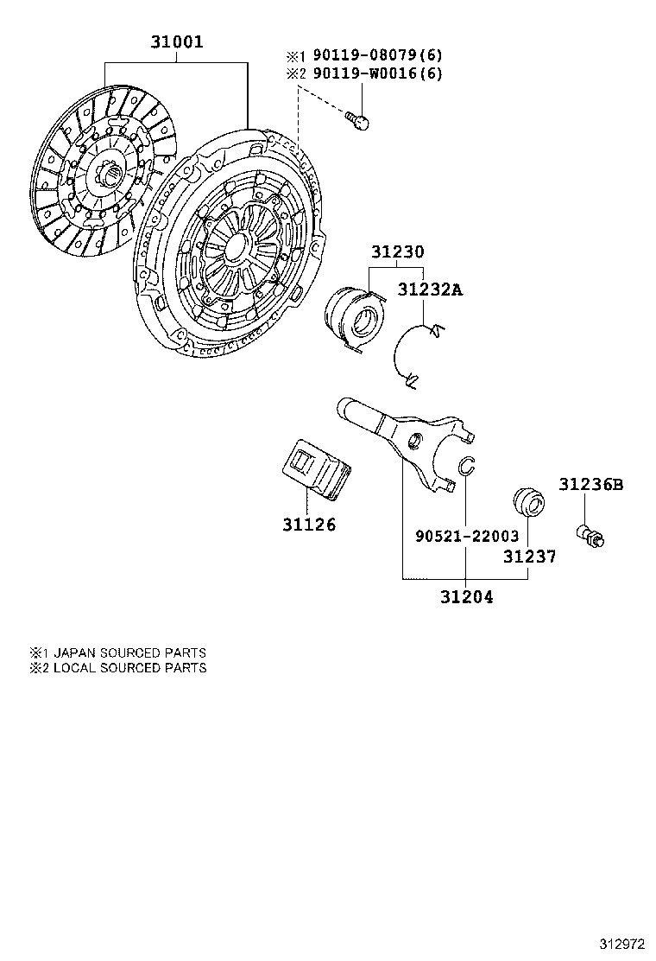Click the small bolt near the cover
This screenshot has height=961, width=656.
click(x=356, y=120)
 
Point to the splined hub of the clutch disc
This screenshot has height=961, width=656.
click(x=110, y=180)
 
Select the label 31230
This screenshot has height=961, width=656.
click(x=398, y=252)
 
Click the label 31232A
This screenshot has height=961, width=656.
click(x=429, y=290)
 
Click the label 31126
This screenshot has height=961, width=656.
click(x=308, y=525)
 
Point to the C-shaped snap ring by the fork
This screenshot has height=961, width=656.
click(x=466, y=466)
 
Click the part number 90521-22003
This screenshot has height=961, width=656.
click(x=467, y=537)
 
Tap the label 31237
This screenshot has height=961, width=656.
click(x=529, y=557)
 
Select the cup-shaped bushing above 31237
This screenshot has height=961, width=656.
click(x=527, y=504)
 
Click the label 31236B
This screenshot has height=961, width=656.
click(x=590, y=485)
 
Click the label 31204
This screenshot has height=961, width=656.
click(x=466, y=596)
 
